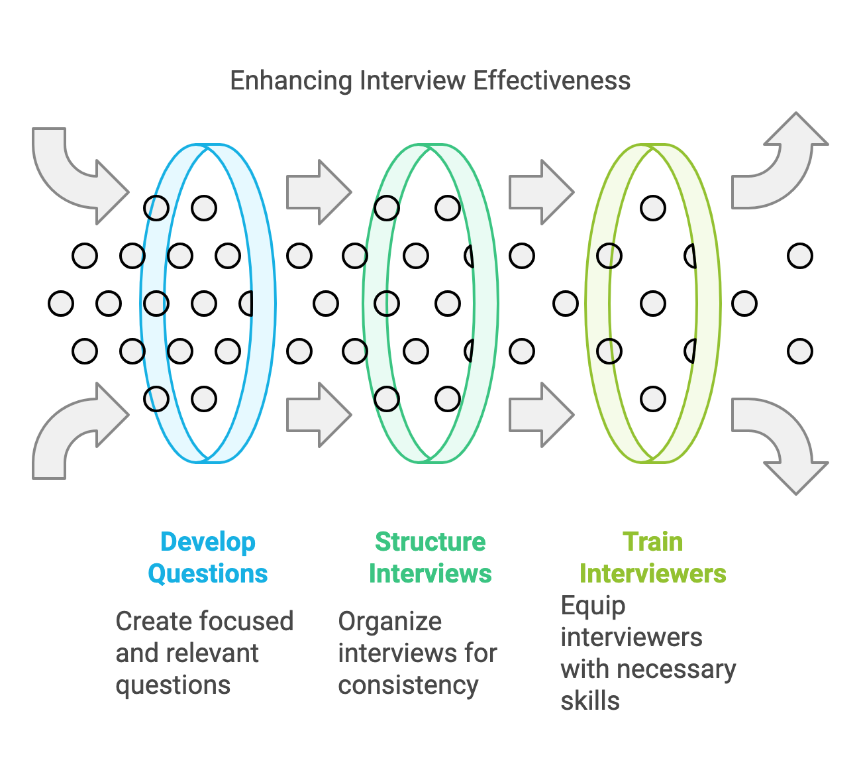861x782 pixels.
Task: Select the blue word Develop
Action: (208, 542)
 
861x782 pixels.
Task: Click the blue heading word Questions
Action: (208, 574)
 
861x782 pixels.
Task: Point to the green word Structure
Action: (430, 542)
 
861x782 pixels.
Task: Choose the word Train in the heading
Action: (653, 542)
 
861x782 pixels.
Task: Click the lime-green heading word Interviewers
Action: (653, 574)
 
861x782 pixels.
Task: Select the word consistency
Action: (408, 685)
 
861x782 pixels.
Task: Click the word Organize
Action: (389, 622)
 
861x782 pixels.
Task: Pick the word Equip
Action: (593, 606)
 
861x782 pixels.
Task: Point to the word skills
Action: (590, 701)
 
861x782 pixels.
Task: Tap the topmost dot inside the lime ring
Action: (653, 208)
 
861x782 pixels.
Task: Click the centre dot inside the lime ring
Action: (653, 304)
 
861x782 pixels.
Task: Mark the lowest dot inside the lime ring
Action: (653, 399)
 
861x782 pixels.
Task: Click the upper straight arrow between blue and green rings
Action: (319, 192)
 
